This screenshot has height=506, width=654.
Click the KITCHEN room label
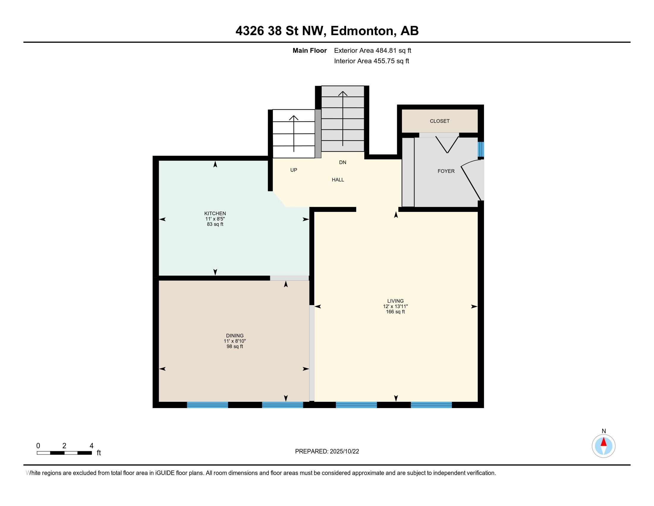[215, 213]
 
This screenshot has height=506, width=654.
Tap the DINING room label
[235, 336]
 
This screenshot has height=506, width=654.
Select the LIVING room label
[395, 301]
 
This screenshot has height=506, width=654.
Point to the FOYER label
[446, 171]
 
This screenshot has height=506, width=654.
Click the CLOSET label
[440, 121]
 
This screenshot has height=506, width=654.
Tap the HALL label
[338, 180]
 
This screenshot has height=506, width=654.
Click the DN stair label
[342, 163]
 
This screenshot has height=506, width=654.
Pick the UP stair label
[293, 170]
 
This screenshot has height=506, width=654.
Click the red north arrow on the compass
[603, 442]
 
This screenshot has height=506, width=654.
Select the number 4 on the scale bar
[91, 446]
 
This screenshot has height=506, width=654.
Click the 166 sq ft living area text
[395, 312]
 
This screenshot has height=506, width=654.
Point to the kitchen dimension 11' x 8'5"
[215, 219]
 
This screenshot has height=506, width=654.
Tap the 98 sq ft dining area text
[235, 346]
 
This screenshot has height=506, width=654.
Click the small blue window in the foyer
[481, 149]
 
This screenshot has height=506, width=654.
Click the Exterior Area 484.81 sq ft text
[372, 51]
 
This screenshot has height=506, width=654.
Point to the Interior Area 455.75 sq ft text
[372, 61]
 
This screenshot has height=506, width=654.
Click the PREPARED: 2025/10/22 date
[327, 452]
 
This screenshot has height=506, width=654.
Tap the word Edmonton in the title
[362, 31]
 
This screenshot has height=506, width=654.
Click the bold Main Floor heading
[310, 51]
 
